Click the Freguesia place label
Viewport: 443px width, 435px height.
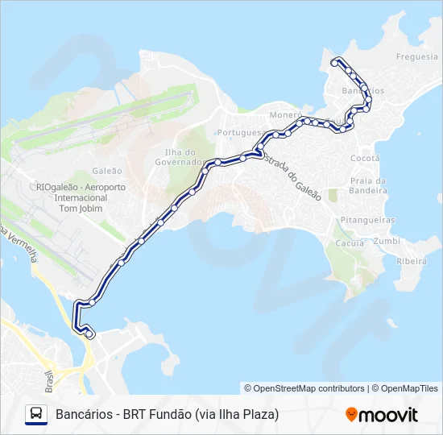pos(416,56)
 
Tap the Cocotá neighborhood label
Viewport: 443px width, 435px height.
pos(365,159)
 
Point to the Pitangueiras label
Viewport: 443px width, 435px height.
pos(367,219)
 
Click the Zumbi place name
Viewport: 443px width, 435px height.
pos(387,241)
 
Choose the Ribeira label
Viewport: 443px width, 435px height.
pos(412,261)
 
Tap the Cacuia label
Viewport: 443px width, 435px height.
pos(350,242)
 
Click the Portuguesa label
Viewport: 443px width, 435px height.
pos(241,132)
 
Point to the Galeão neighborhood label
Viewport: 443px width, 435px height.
pos(107,171)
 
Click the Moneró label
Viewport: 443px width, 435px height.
pos(284,115)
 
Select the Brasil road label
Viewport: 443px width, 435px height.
pos(50,378)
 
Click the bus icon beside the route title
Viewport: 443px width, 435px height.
pos(36,415)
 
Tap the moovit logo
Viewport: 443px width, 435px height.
pos(382,415)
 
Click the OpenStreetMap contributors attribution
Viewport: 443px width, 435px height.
pos(304,388)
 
